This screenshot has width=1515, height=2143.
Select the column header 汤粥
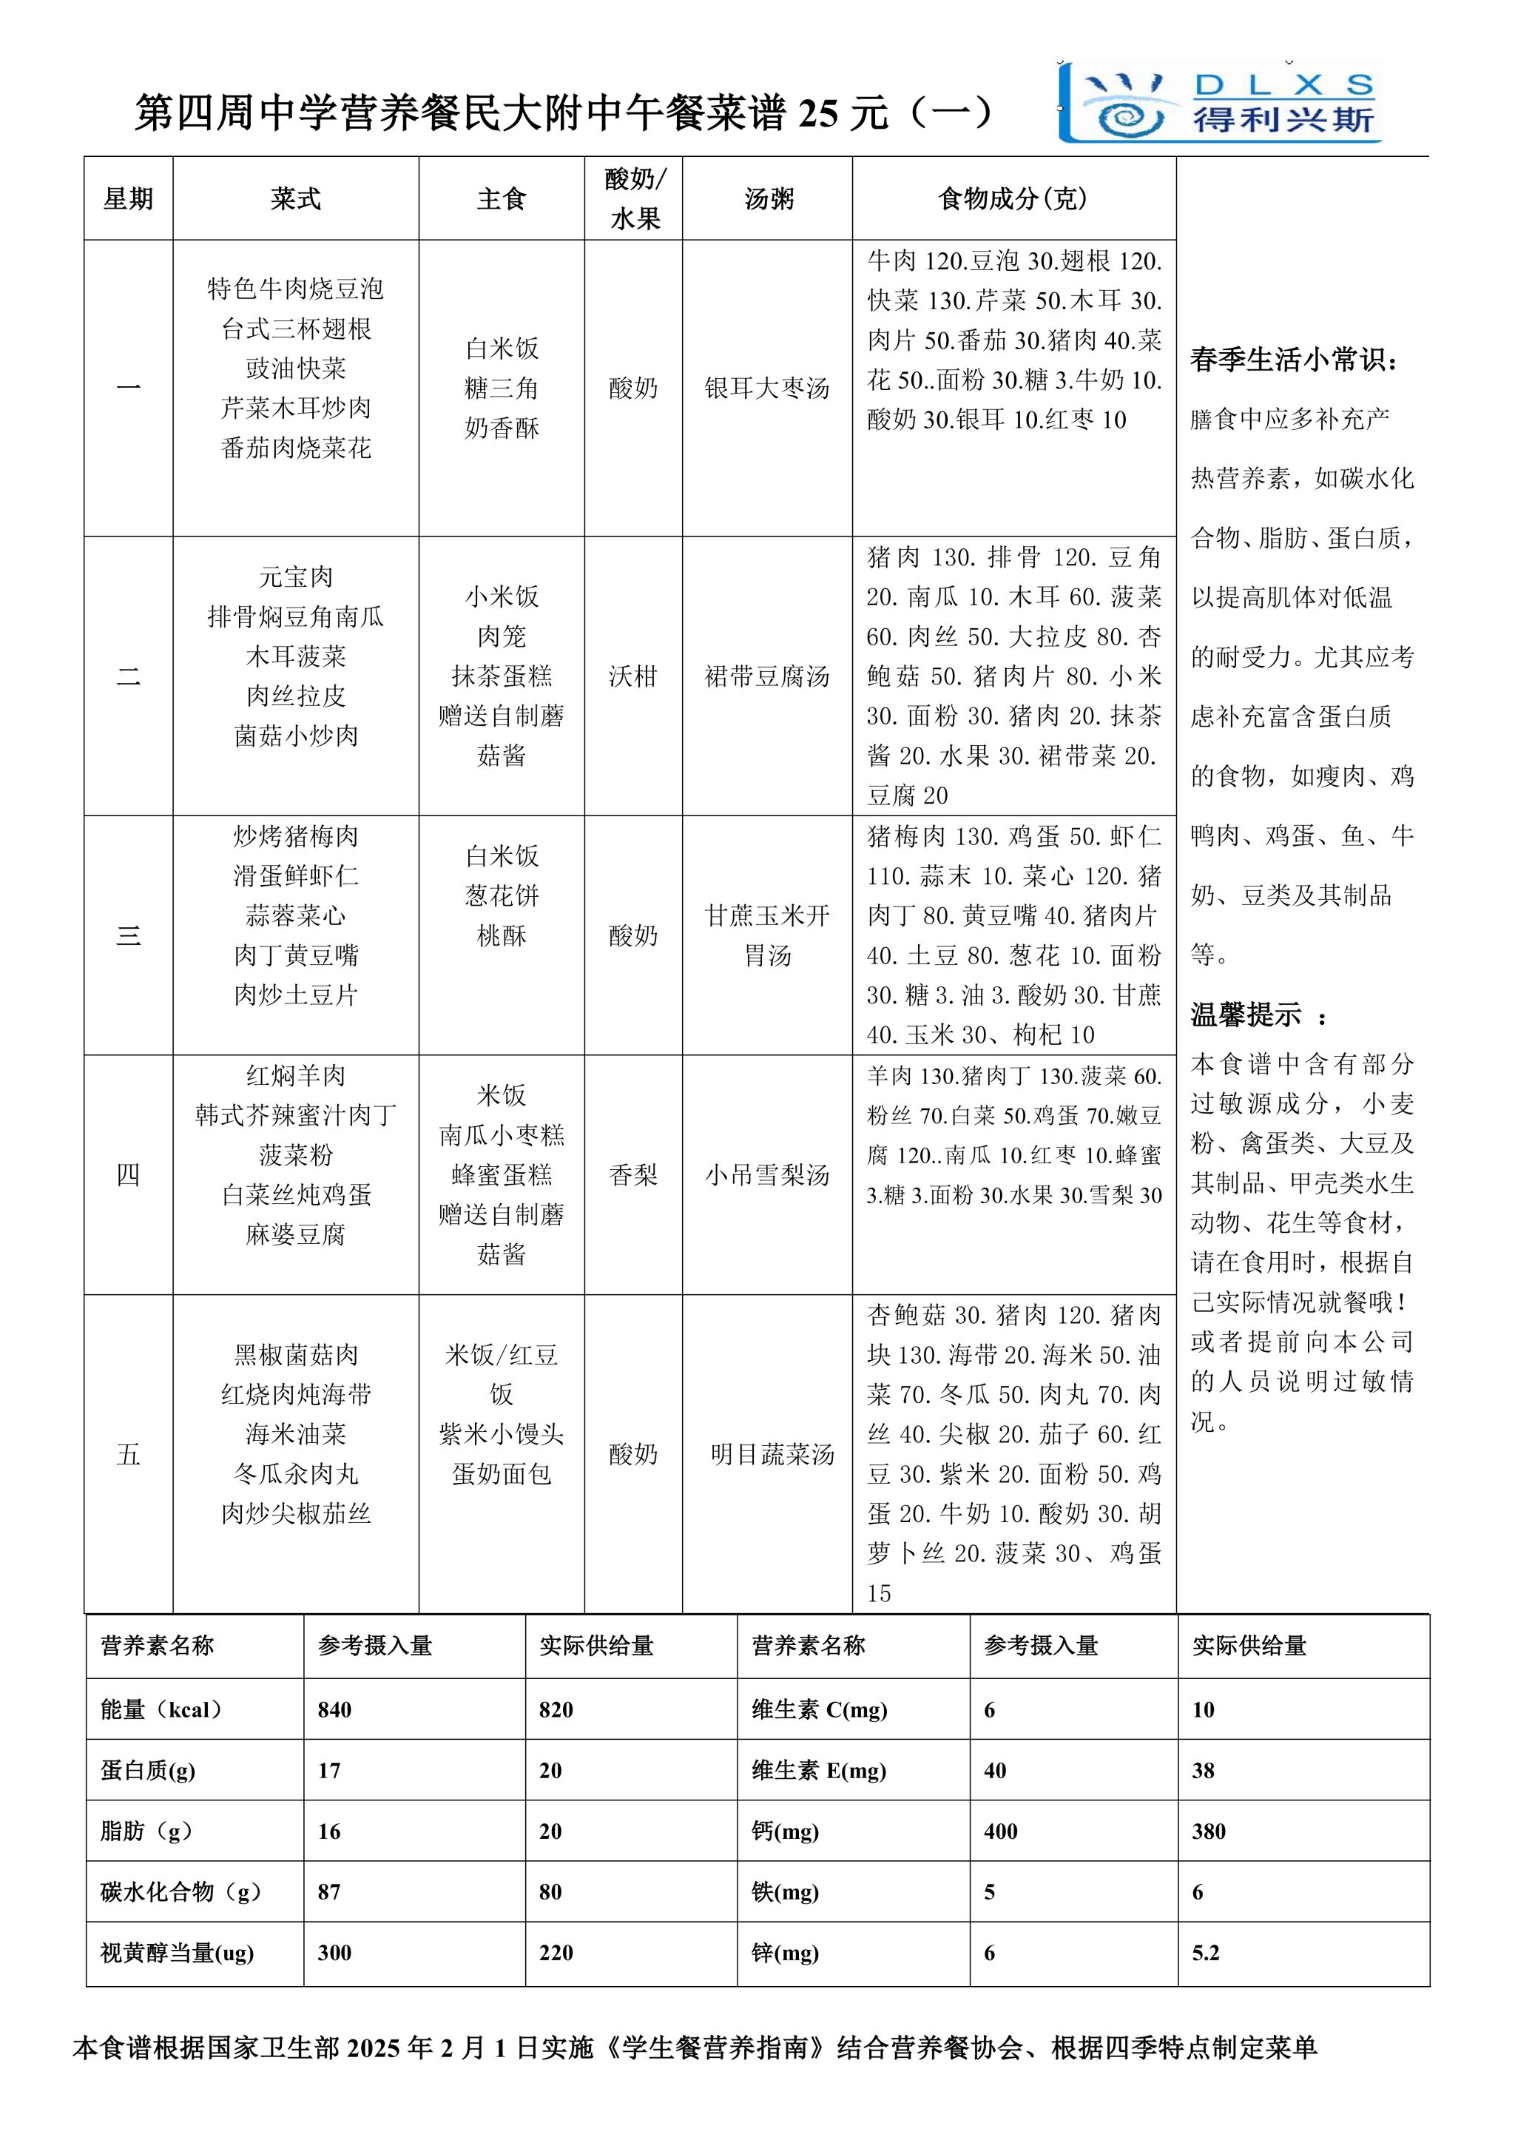[x=768, y=199]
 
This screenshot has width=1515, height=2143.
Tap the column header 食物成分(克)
[x=1013, y=199]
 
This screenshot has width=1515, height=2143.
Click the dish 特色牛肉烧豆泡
[x=296, y=289]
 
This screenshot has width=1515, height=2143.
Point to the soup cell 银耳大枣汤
[x=767, y=388]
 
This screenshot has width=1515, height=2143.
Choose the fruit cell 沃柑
[x=632, y=676]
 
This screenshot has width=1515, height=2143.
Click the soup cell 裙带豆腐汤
[x=767, y=676]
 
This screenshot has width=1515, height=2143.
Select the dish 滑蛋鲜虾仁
[x=296, y=875]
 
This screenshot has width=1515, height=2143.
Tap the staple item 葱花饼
[x=502, y=896]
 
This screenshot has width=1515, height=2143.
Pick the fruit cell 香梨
[x=632, y=1174]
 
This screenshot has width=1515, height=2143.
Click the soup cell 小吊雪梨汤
[x=767, y=1174]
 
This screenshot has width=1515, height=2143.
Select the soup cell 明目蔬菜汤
[x=772, y=1454]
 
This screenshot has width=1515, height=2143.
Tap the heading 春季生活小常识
[x=1293, y=360]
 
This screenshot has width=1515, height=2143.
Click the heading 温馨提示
[x=1246, y=1015]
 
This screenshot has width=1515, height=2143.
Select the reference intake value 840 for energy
[x=335, y=1710]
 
